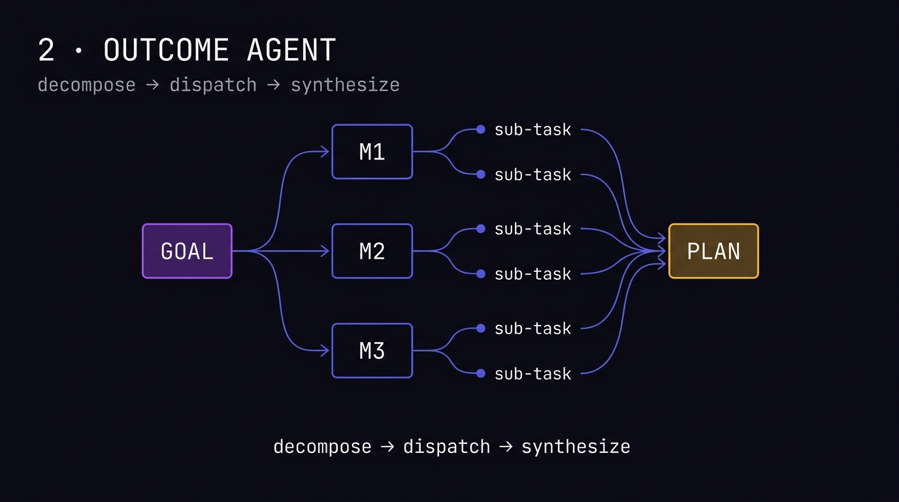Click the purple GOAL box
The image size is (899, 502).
[187, 251]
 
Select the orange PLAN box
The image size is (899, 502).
[713, 251]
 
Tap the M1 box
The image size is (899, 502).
[372, 152]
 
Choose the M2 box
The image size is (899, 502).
[372, 251]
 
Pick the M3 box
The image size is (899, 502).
[372, 350]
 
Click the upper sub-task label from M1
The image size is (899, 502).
[532, 129]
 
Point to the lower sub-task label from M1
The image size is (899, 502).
[532, 175]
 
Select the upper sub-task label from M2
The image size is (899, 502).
[532, 229]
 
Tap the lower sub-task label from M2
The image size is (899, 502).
[532, 274]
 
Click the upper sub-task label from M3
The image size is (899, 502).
[532, 328]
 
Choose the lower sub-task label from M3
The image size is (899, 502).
[532, 374]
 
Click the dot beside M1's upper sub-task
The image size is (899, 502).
[481, 129]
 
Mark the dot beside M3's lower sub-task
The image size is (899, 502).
[481, 373]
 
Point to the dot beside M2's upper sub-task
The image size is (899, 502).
[481, 229]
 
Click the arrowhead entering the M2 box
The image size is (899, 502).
[325, 251]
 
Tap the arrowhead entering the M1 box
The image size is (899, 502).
[325, 152]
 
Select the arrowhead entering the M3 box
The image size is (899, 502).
[325, 350]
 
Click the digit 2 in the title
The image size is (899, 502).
[46, 50]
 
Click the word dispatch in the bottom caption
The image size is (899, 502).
[446, 447]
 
